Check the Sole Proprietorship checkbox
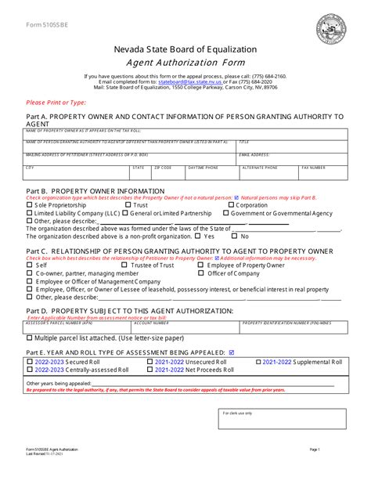[30, 205]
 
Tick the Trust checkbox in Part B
[128, 205]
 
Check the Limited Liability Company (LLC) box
[30, 213]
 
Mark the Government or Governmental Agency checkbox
[227, 213]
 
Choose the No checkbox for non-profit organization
[234, 236]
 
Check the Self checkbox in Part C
[30, 265]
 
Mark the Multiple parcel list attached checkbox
[30, 338]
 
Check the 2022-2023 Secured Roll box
[30, 363]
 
